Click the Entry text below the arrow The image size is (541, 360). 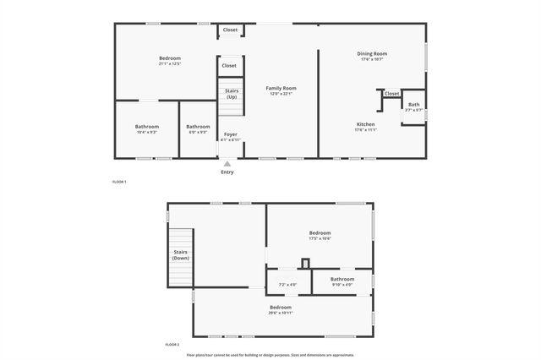227,172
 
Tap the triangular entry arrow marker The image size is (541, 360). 227,164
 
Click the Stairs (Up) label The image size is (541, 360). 232,93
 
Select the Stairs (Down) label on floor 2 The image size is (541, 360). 180,254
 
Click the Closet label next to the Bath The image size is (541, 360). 391,94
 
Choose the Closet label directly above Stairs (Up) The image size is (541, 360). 229,65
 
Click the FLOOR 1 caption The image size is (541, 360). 119,182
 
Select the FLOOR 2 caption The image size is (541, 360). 172,345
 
